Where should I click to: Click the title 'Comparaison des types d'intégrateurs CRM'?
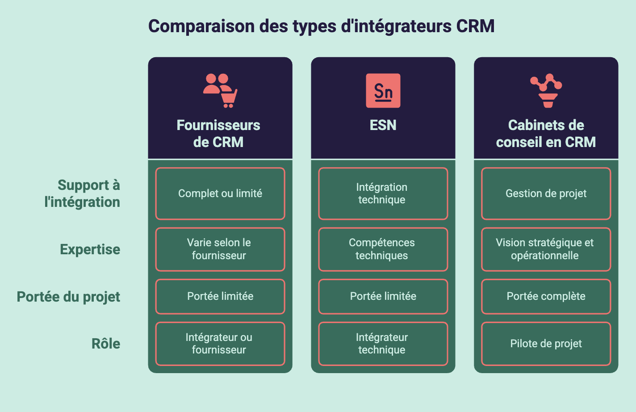point(322,26)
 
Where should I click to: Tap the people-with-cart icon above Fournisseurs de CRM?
point(220,91)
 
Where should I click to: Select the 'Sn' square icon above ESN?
point(383,91)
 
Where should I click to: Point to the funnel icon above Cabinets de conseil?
point(546,91)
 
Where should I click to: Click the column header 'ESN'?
point(383,125)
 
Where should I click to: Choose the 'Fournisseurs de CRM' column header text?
point(218,134)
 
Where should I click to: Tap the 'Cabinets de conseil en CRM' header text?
point(546,134)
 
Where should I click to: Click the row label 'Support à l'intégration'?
point(82,193)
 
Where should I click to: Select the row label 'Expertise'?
point(90,249)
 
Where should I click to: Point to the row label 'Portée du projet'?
point(68,297)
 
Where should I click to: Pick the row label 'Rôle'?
point(106,343)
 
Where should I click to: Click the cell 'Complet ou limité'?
point(220,193)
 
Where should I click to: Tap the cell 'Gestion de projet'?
point(546,193)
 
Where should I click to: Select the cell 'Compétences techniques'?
point(383,249)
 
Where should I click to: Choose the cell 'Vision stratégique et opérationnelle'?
point(546,249)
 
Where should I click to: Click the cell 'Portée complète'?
point(546,296)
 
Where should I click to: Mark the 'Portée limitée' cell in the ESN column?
point(383,296)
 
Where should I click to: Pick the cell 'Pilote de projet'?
point(546,344)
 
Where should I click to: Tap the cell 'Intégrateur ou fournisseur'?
point(220,344)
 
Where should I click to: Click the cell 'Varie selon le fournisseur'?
point(220,249)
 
